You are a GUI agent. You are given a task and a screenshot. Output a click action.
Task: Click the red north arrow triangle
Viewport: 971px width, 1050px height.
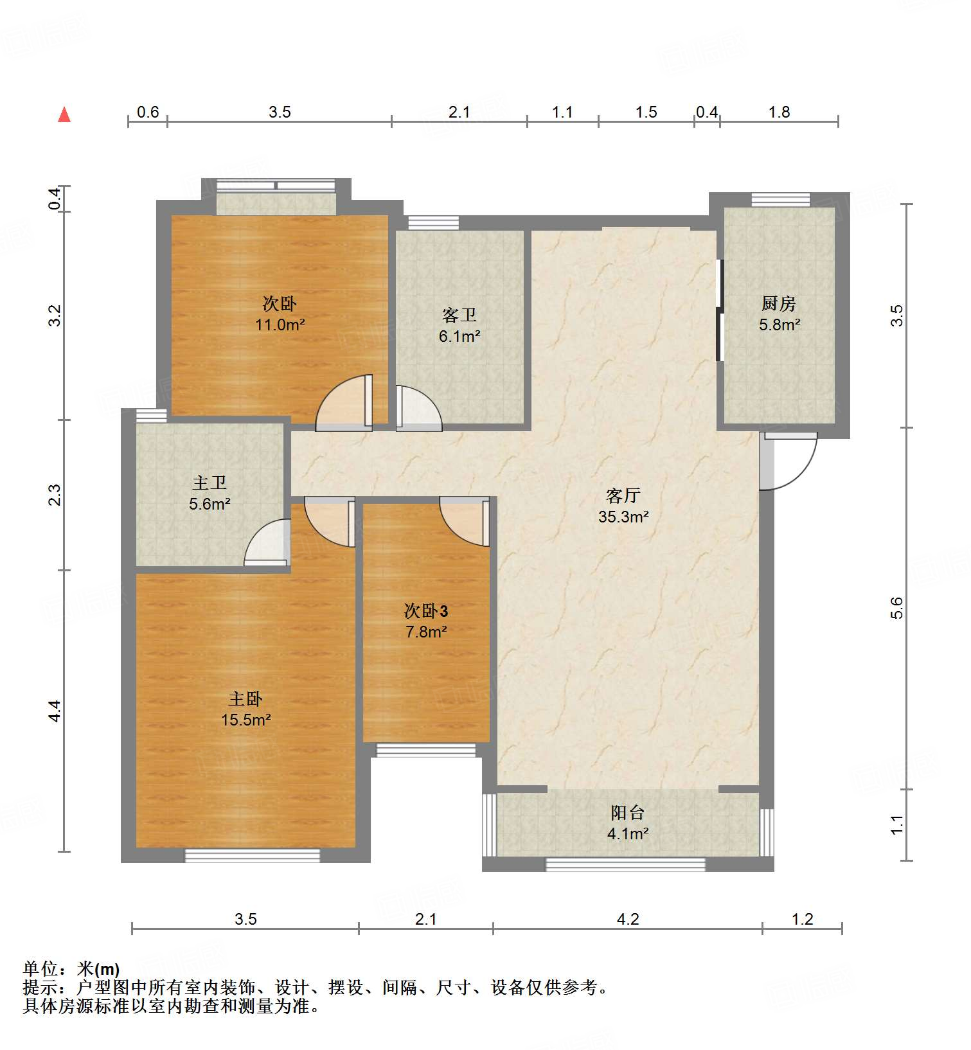[x=64, y=115]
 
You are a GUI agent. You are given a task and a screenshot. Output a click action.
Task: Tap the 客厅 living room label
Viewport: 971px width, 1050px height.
[x=623, y=495]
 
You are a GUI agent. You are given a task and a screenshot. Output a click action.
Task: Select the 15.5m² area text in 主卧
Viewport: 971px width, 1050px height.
[x=245, y=720]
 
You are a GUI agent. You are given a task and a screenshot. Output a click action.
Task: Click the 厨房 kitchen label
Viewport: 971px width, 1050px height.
[x=779, y=303]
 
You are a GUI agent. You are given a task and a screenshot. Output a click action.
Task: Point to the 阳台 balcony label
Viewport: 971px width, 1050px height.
[x=627, y=813]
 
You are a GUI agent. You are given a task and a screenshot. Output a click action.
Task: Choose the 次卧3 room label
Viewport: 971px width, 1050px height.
[x=425, y=610]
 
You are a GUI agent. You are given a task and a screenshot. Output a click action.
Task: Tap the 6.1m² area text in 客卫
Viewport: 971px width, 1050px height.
[x=459, y=336]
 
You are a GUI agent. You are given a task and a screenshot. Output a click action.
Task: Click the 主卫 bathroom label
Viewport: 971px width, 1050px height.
[x=209, y=483]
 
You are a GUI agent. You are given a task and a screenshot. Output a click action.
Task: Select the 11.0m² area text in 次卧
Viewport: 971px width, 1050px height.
[x=280, y=325]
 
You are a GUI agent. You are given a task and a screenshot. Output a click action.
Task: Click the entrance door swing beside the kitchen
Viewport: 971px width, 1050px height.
[x=789, y=461]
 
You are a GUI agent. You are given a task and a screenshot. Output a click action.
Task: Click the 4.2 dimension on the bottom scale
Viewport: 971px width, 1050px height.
[x=628, y=920]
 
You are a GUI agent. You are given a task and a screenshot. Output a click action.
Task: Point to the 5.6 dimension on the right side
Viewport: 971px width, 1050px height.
[x=897, y=608]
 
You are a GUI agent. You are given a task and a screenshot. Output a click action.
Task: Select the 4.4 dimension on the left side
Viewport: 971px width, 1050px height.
[x=55, y=711]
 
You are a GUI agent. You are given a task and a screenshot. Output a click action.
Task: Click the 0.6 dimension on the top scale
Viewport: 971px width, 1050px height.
[x=148, y=112]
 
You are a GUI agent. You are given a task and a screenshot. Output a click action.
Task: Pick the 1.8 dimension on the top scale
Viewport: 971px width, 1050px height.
[x=779, y=112]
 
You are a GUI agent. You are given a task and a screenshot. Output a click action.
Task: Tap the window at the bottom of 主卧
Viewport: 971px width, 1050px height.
[x=252, y=855]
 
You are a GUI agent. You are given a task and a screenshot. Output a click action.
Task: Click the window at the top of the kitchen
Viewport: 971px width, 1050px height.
[x=780, y=200]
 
